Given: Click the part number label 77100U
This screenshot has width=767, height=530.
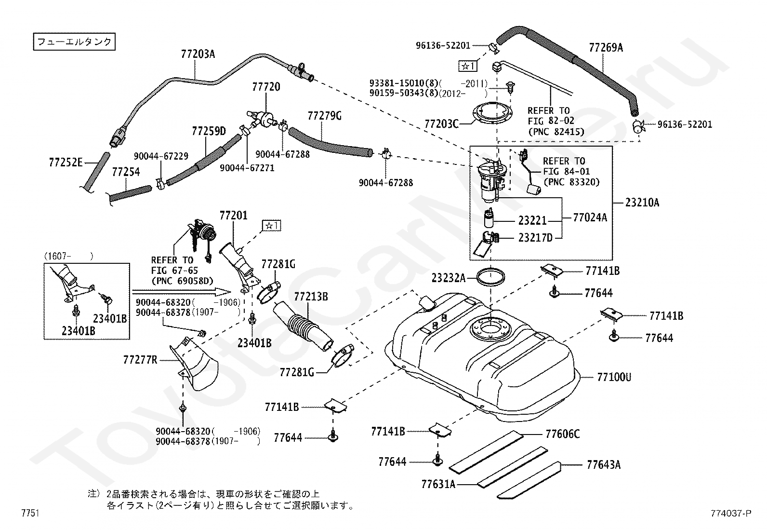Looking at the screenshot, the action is (614, 377).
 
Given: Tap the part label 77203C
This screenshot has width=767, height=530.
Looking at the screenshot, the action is (441, 124).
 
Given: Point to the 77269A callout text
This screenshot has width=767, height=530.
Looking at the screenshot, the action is (606, 48).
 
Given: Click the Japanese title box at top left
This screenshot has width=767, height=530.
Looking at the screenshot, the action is (74, 42).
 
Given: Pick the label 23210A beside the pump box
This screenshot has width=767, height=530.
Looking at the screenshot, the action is (642, 203).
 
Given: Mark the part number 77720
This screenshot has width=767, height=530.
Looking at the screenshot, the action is (266, 87).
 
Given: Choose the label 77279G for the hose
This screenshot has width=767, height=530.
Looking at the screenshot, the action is (324, 116).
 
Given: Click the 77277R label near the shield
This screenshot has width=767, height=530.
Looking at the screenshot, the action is (140, 360).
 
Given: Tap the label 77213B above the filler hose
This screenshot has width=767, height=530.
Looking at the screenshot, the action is (311, 297).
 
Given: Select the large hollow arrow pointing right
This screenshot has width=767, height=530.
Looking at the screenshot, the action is (182, 292).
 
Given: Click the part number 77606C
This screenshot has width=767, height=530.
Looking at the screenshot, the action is (563, 434).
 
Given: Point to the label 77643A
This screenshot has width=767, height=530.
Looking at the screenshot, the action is (604, 465).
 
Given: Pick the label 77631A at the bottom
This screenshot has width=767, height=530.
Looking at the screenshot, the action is (438, 484).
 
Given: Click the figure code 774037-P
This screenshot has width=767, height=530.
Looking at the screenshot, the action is (731, 513).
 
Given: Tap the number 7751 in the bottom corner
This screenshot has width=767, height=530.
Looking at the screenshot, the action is (30, 513).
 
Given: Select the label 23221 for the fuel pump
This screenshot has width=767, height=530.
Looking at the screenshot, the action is (532, 220).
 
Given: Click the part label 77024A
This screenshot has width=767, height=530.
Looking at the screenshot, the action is (590, 217).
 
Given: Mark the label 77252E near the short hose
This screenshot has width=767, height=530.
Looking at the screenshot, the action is (66, 162).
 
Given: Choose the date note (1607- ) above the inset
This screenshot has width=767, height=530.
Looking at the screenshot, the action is (68, 256).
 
